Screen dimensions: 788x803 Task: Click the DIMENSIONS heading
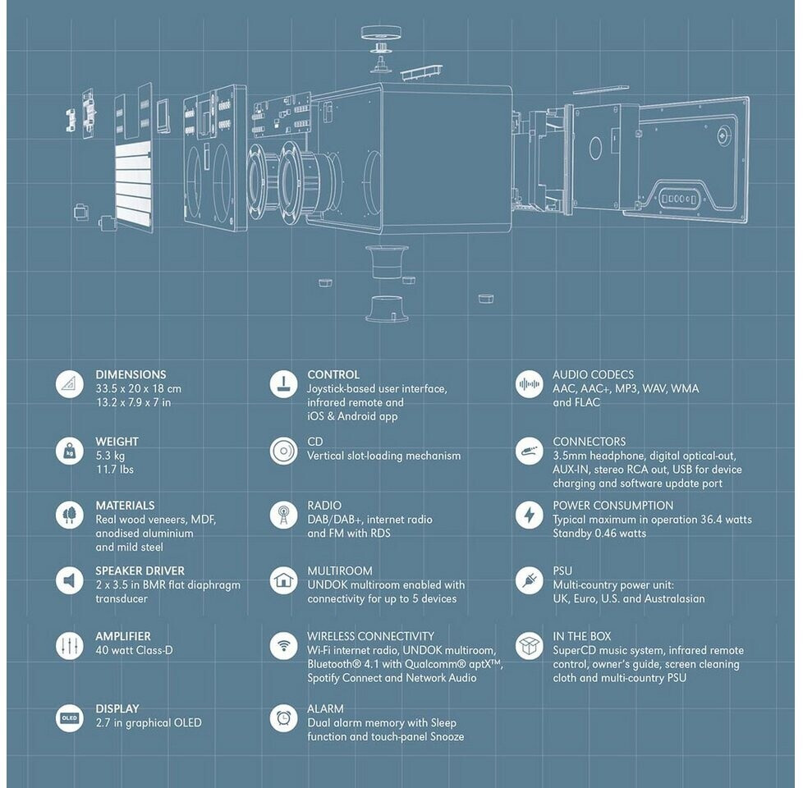(x=131, y=374)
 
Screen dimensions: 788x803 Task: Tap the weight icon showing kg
(x=69, y=451)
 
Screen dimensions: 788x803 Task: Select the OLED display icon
(x=69, y=718)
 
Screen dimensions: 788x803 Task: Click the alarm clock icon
(x=283, y=718)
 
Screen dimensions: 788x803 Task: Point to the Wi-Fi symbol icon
(x=283, y=646)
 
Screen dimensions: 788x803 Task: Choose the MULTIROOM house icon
(x=283, y=580)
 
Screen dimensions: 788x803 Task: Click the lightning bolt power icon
(x=529, y=515)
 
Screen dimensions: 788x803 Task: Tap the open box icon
(x=529, y=646)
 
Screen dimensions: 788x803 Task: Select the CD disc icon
(x=283, y=451)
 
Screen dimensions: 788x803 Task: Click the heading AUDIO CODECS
(x=593, y=374)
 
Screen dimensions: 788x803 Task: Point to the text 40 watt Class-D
(x=134, y=651)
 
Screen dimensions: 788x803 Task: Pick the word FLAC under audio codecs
(x=587, y=402)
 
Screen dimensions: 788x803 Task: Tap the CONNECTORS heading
(x=589, y=442)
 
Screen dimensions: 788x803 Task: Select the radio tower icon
(x=283, y=515)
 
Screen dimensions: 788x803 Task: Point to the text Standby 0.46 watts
(x=599, y=534)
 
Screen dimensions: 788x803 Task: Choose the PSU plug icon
(x=529, y=580)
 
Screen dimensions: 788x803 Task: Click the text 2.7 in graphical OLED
(x=148, y=723)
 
